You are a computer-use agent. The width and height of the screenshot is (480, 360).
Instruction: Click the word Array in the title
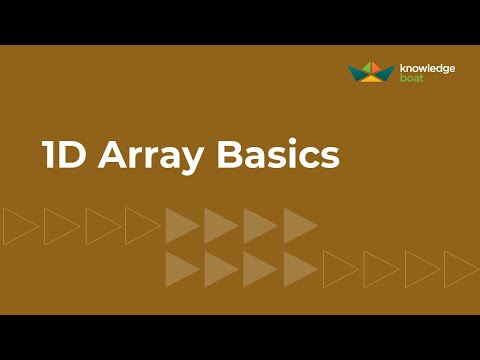[150, 156]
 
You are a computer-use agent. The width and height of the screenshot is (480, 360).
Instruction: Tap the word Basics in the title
[278, 154]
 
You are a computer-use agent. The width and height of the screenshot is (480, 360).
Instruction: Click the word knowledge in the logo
[427, 69]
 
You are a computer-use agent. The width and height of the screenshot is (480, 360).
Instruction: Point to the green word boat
[411, 78]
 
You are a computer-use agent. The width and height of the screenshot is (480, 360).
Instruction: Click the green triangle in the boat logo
[367, 67]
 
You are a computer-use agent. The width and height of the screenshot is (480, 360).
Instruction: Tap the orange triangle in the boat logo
[376, 67]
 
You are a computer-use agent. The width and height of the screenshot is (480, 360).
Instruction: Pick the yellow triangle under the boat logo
[371, 79]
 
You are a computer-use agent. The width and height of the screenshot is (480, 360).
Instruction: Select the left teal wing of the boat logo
[356, 72]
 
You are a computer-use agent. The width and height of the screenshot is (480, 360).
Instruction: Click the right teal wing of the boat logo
[386, 72]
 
